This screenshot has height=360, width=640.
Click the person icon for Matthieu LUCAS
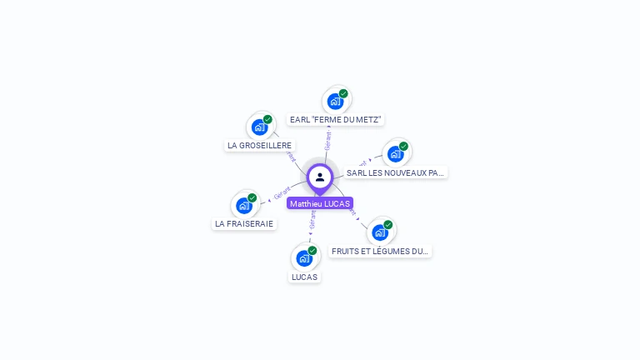tap(320, 177)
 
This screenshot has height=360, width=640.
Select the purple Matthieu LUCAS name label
tap(320, 203)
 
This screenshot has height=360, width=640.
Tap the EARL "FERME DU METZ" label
tap(336, 120)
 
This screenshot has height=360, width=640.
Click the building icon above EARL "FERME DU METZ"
tap(335, 102)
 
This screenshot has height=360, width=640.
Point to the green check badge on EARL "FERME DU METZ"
tap(343, 93)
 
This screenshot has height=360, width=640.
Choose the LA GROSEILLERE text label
tap(259, 145)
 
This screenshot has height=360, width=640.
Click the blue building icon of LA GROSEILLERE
tap(259, 127)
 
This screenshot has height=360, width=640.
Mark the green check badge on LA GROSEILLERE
tap(267, 119)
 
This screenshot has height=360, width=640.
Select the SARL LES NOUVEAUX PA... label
tap(396, 172)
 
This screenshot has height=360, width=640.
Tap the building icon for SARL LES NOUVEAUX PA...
tap(395, 154)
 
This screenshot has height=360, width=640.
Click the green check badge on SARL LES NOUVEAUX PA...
tap(403, 147)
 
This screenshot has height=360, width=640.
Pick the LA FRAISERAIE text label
tap(244, 223)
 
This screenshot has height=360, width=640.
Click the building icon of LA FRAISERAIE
tap(243, 206)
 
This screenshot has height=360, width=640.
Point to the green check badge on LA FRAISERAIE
tap(252, 198)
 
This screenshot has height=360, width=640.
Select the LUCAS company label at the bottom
tap(304, 277)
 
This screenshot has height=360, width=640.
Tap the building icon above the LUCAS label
tap(304, 258)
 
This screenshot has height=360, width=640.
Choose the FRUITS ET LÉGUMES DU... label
tap(380, 251)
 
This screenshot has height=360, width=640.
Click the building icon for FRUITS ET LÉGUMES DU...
tap(380, 232)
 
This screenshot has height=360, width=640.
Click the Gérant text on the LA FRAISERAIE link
tap(282, 194)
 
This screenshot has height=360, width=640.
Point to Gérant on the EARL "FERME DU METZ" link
tap(328, 140)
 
